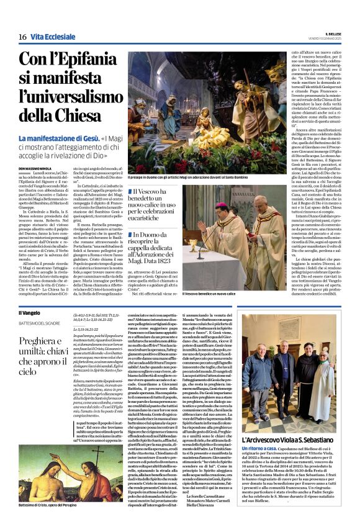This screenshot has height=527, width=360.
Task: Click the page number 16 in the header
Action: coord(22,37)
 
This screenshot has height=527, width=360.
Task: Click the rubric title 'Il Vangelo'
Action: coord(29,312)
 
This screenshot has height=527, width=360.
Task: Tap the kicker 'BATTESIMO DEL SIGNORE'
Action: coord(38,323)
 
